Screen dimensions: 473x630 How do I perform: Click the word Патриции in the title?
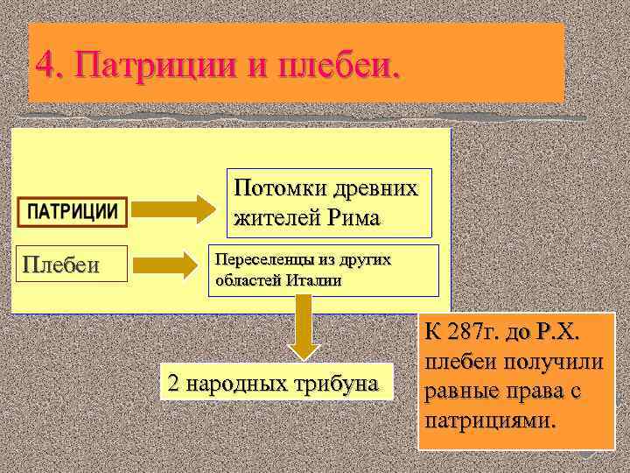[x=157, y=64]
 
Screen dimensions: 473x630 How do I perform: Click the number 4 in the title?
[x=45, y=64]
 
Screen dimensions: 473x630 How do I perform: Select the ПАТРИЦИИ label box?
[x=73, y=211]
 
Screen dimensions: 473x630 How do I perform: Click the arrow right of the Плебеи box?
[x=177, y=263]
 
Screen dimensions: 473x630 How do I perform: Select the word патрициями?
[x=489, y=420]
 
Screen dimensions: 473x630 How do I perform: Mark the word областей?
[x=245, y=280]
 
